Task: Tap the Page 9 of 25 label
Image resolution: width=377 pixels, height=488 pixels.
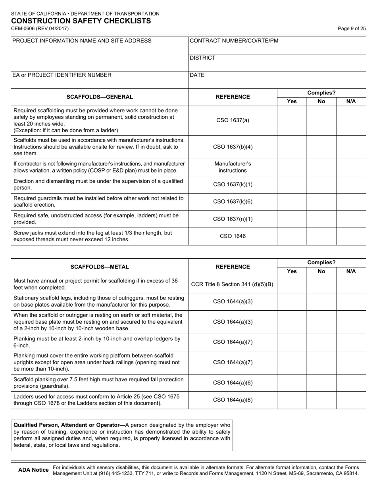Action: (x=352, y=29)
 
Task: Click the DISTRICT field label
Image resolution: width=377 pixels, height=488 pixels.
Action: (x=203, y=58)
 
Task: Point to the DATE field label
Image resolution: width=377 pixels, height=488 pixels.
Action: (x=197, y=75)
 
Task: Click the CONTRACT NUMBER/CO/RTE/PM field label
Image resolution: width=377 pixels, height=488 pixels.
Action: (x=234, y=41)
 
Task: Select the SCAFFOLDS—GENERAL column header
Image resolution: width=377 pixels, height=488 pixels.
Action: (x=100, y=97)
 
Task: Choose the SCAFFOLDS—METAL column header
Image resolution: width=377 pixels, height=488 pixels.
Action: (x=100, y=267)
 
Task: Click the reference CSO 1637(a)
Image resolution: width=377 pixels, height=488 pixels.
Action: (x=233, y=120)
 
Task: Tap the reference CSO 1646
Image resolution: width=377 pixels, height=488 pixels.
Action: (x=233, y=236)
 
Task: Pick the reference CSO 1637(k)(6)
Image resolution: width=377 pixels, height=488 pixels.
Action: (x=233, y=202)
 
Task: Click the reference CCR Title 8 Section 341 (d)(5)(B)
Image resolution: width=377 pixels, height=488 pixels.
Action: (x=233, y=284)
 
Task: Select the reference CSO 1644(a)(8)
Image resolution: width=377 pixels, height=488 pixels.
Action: (x=233, y=400)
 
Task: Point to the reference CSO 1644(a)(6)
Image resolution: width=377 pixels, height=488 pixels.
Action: (x=233, y=383)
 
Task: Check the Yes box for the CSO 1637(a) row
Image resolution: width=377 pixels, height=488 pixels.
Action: (x=292, y=120)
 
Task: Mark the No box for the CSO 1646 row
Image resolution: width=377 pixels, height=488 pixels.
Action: (x=321, y=236)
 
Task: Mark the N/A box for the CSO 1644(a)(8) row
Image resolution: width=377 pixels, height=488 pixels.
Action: (x=351, y=400)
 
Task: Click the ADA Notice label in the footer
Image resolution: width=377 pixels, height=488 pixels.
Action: (x=33, y=470)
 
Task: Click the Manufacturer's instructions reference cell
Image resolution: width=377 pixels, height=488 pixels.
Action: (x=233, y=167)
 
